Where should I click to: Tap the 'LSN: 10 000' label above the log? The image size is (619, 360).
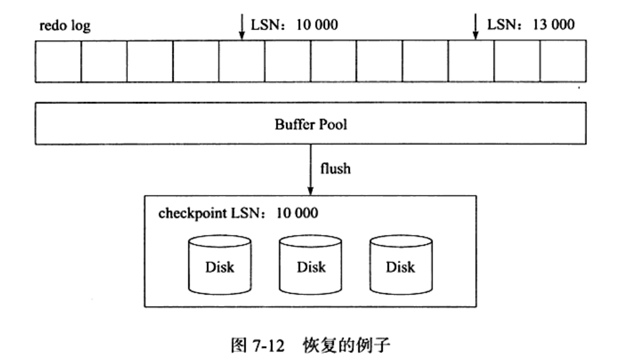coord(294,26)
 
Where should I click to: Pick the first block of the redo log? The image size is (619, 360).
coord(58,61)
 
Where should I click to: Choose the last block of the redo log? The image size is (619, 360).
coord(563,61)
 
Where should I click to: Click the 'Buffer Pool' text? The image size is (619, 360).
coord(311,126)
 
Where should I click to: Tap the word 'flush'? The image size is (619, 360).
coord(336,168)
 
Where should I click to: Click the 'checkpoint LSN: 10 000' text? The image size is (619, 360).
coord(238,214)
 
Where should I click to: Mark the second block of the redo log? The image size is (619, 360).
coord(104,61)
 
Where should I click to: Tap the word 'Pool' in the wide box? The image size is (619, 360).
coord(332,126)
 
